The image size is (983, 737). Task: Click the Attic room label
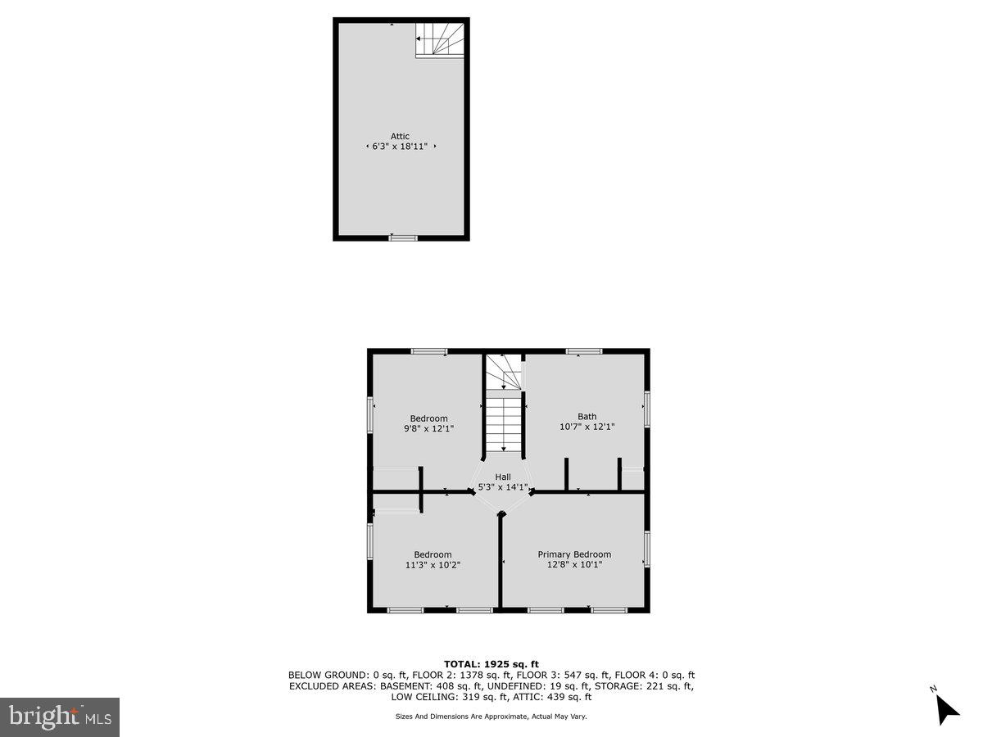[x=400, y=136]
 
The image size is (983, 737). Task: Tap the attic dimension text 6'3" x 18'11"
[x=400, y=147]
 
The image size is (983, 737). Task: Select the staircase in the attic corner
[x=439, y=39]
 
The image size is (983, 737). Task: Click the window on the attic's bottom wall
[x=403, y=238]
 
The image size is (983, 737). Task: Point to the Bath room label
[x=587, y=416]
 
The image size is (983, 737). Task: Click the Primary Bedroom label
[x=573, y=554]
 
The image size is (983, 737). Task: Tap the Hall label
[x=502, y=477]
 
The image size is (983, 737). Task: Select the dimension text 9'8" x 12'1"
[x=428, y=428]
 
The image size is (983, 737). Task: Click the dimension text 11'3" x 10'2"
[x=433, y=564]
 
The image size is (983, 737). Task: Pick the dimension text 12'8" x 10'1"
[x=573, y=564]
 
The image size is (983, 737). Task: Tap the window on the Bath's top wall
[x=584, y=351]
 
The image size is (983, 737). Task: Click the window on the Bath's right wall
[x=646, y=409]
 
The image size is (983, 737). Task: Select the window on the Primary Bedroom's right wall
[x=646, y=549]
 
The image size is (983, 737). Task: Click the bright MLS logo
[x=60, y=717]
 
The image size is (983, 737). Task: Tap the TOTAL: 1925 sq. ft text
[x=491, y=663]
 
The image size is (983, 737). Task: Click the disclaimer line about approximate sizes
[x=491, y=716]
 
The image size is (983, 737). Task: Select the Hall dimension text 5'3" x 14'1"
[x=502, y=487]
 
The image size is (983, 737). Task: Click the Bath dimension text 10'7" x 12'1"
[x=587, y=427]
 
